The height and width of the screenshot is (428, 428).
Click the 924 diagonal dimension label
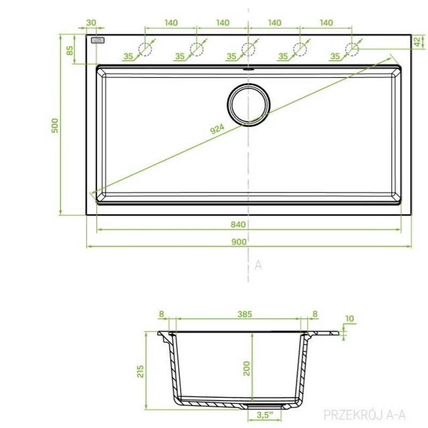point(217,129)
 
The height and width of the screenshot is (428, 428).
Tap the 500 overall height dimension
point(55,126)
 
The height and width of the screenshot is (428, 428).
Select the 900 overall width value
point(239,242)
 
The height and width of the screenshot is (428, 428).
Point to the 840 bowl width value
point(238,224)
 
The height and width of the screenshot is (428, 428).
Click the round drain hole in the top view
point(248,105)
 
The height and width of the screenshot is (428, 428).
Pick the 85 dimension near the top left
point(70,50)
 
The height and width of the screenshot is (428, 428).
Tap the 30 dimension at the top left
point(91,22)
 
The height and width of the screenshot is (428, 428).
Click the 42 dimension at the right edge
point(417,42)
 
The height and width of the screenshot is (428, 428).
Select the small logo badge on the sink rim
point(97,41)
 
